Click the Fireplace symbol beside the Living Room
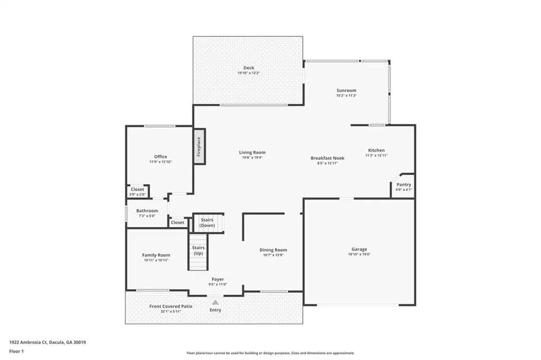(199, 147)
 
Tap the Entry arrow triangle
(216, 302)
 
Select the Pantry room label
(404, 184)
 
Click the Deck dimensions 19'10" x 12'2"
(248, 73)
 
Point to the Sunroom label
(347, 90)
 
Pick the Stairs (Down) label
(207, 222)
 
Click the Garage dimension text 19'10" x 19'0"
(359, 254)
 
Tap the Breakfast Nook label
(328, 158)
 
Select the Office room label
(161, 157)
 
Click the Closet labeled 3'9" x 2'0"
(137, 192)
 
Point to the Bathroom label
(147, 211)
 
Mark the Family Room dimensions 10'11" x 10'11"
(156, 260)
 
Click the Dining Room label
(273, 250)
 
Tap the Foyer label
(218, 279)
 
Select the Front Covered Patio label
(171, 306)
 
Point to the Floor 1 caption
(16, 352)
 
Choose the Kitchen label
(376, 150)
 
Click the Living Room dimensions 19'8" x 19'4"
(252, 158)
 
